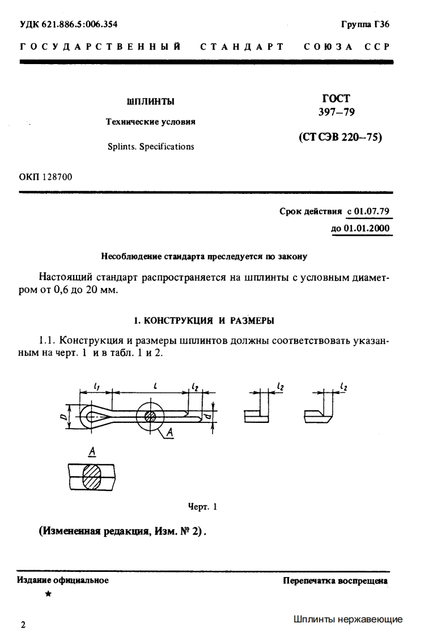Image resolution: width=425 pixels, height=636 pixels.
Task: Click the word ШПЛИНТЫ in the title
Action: pos(150,101)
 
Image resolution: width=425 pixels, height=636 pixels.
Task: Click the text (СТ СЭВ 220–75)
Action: pos(340,137)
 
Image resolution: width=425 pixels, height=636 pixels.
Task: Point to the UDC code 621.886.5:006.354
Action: pos(81,24)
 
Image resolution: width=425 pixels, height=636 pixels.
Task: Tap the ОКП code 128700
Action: pos(57,177)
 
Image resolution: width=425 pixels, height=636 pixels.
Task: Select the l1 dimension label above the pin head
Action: pos(97,387)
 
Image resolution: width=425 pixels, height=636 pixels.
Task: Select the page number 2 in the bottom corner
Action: pos(23,625)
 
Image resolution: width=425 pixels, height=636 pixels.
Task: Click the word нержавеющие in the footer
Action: pos(372,619)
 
